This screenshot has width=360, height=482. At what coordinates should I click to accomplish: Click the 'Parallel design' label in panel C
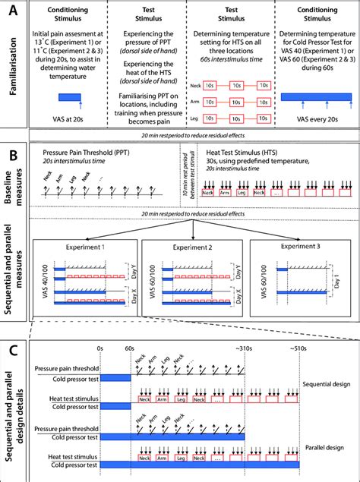point(320,442)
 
